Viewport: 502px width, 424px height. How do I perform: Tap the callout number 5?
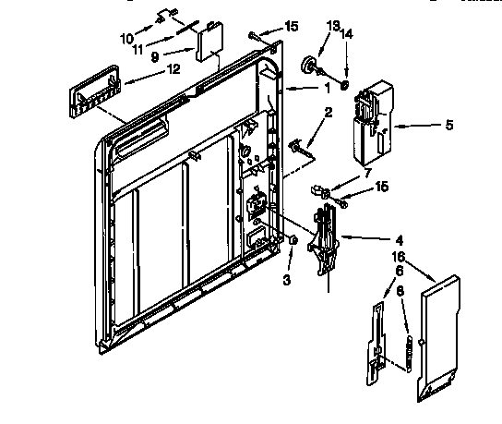tap(449, 125)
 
